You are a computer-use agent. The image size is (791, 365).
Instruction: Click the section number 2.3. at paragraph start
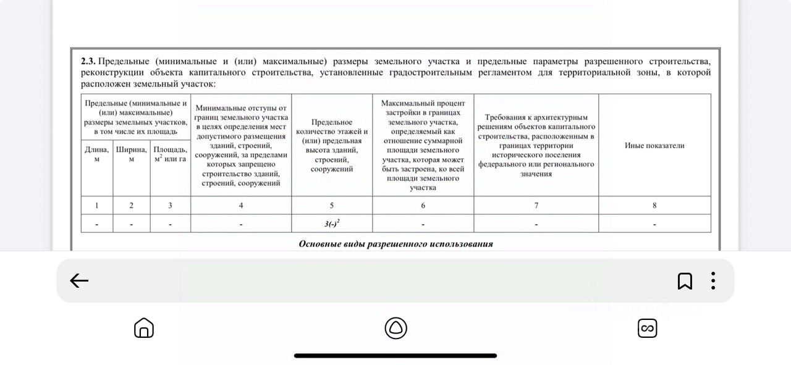88,62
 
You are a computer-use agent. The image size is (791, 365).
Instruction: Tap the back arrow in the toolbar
79,281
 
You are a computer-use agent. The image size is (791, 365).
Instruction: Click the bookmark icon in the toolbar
685,281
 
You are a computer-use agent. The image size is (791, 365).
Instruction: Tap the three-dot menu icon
713,281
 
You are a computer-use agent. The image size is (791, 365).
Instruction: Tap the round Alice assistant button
395,328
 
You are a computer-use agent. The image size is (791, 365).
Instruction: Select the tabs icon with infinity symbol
647,328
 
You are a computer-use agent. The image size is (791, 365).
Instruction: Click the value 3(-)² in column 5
332,224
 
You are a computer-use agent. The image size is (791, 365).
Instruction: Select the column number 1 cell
97,206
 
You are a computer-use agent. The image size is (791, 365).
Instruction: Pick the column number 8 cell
654,206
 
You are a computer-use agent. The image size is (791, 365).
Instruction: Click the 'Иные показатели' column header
654,146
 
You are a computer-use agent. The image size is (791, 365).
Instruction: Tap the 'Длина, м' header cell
97,154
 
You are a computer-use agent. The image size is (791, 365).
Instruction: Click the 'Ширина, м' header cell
131,154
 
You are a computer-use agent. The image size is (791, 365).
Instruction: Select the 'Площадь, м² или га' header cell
170,154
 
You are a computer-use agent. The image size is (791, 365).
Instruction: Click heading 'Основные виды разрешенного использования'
395,244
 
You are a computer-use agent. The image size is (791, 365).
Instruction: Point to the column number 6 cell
423,206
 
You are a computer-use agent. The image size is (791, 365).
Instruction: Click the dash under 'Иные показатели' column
654,224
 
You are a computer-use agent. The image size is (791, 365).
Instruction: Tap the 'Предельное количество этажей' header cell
332,146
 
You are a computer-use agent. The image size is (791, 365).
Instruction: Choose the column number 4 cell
241,206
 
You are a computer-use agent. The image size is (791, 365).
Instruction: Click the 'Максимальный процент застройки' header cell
423,146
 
